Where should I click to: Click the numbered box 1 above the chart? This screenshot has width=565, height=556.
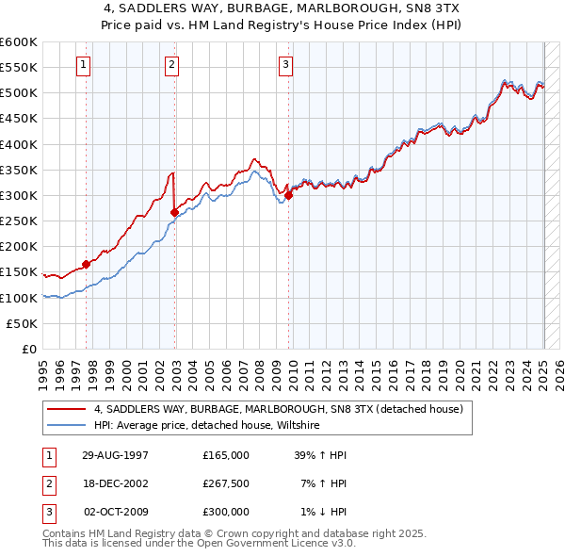[84, 65]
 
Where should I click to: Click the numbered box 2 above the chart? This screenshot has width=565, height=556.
[172, 65]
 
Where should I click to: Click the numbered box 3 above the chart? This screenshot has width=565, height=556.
[285, 65]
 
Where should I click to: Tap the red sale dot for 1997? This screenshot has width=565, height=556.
[87, 264]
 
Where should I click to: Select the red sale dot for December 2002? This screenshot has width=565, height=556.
[175, 212]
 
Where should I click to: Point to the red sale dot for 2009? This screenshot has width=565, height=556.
[289, 195]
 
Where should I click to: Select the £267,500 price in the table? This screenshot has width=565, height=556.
[226, 483]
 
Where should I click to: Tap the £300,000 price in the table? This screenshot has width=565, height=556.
[226, 512]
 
